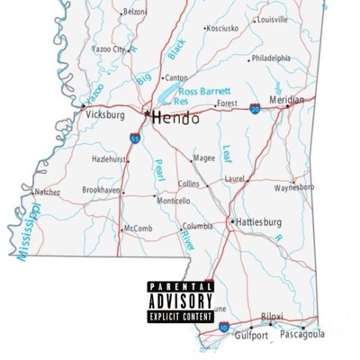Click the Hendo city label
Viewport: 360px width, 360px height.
[x=175, y=119]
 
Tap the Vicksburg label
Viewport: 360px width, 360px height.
[x=105, y=115]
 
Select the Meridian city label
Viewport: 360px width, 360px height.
[x=287, y=100]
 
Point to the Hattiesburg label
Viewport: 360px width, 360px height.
[x=258, y=221]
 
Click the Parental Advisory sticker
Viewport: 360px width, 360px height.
[x=180, y=301]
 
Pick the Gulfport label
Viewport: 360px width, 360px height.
[x=251, y=336]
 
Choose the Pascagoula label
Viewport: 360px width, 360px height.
[x=302, y=334]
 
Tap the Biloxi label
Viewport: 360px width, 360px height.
[x=272, y=317]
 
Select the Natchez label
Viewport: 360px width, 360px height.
[x=47, y=192]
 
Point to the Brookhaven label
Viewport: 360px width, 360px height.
[x=100, y=191]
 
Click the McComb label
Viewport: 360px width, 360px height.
[x=138, y=229]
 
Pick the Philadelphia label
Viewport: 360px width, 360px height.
[x=271, y=58]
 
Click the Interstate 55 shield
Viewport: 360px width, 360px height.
[x=134, y=140]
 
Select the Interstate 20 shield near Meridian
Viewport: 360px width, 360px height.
[x=255, y=107]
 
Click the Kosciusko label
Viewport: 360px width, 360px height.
[x=223, y=29]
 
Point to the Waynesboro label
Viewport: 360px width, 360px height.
[x=294, y=188]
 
